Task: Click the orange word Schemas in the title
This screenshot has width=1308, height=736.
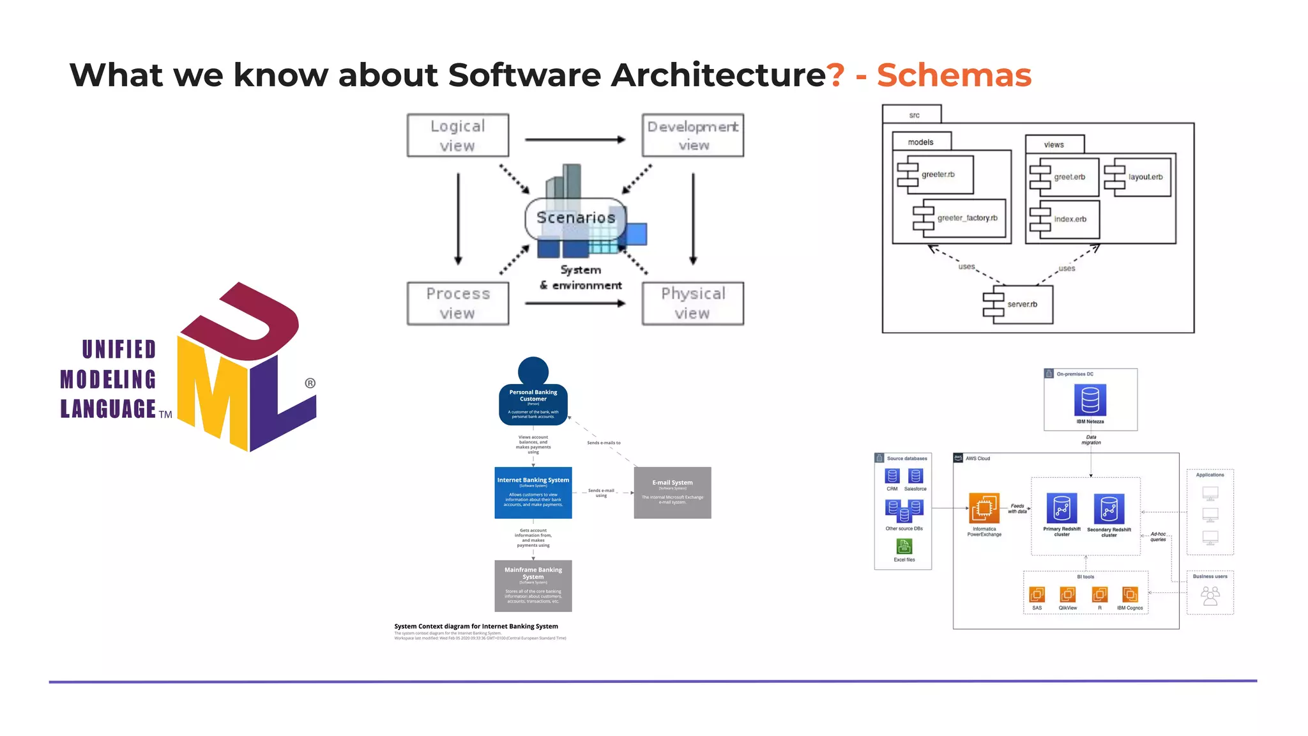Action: point(954,75)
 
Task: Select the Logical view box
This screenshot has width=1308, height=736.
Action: point(457,135)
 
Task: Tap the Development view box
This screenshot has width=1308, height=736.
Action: point(692,135)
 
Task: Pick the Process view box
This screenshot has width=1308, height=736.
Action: point(457,303)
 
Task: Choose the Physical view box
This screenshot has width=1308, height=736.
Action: point(692,303)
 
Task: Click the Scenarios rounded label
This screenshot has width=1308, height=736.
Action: point(575,218)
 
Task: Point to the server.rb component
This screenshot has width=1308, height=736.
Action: point(1018,304)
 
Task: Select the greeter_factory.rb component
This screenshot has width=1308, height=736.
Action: point(961,218)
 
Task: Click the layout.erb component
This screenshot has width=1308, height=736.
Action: point(1140,177)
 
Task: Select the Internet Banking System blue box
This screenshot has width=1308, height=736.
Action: point(533,492)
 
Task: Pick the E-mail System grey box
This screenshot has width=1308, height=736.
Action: point(672,492)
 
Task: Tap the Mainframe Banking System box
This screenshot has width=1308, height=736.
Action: point(533,585)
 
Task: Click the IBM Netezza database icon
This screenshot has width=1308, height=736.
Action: point(1090,400)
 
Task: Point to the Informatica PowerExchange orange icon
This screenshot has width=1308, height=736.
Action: point(984,509)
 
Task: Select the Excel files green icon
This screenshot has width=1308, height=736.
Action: point(904,546)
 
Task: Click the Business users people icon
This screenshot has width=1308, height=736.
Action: point(1210,596)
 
